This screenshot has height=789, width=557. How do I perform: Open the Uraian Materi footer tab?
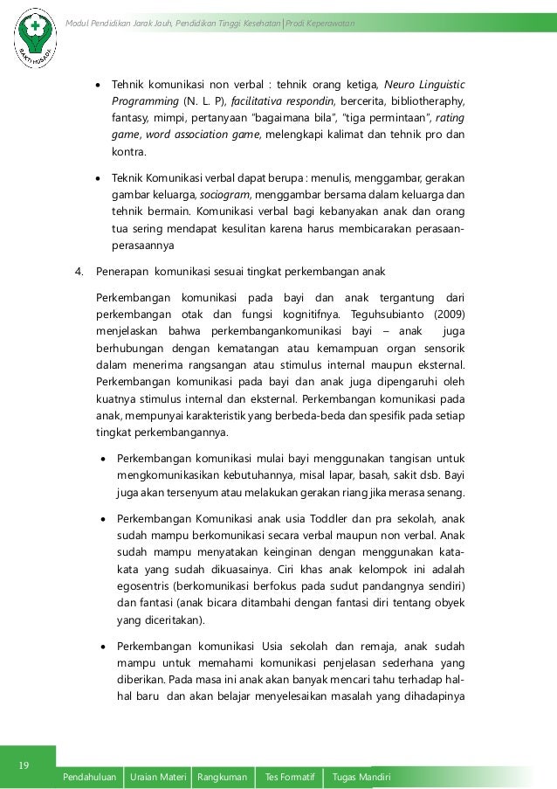point(158,778)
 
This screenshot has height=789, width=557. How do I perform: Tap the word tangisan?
point(385,458)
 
